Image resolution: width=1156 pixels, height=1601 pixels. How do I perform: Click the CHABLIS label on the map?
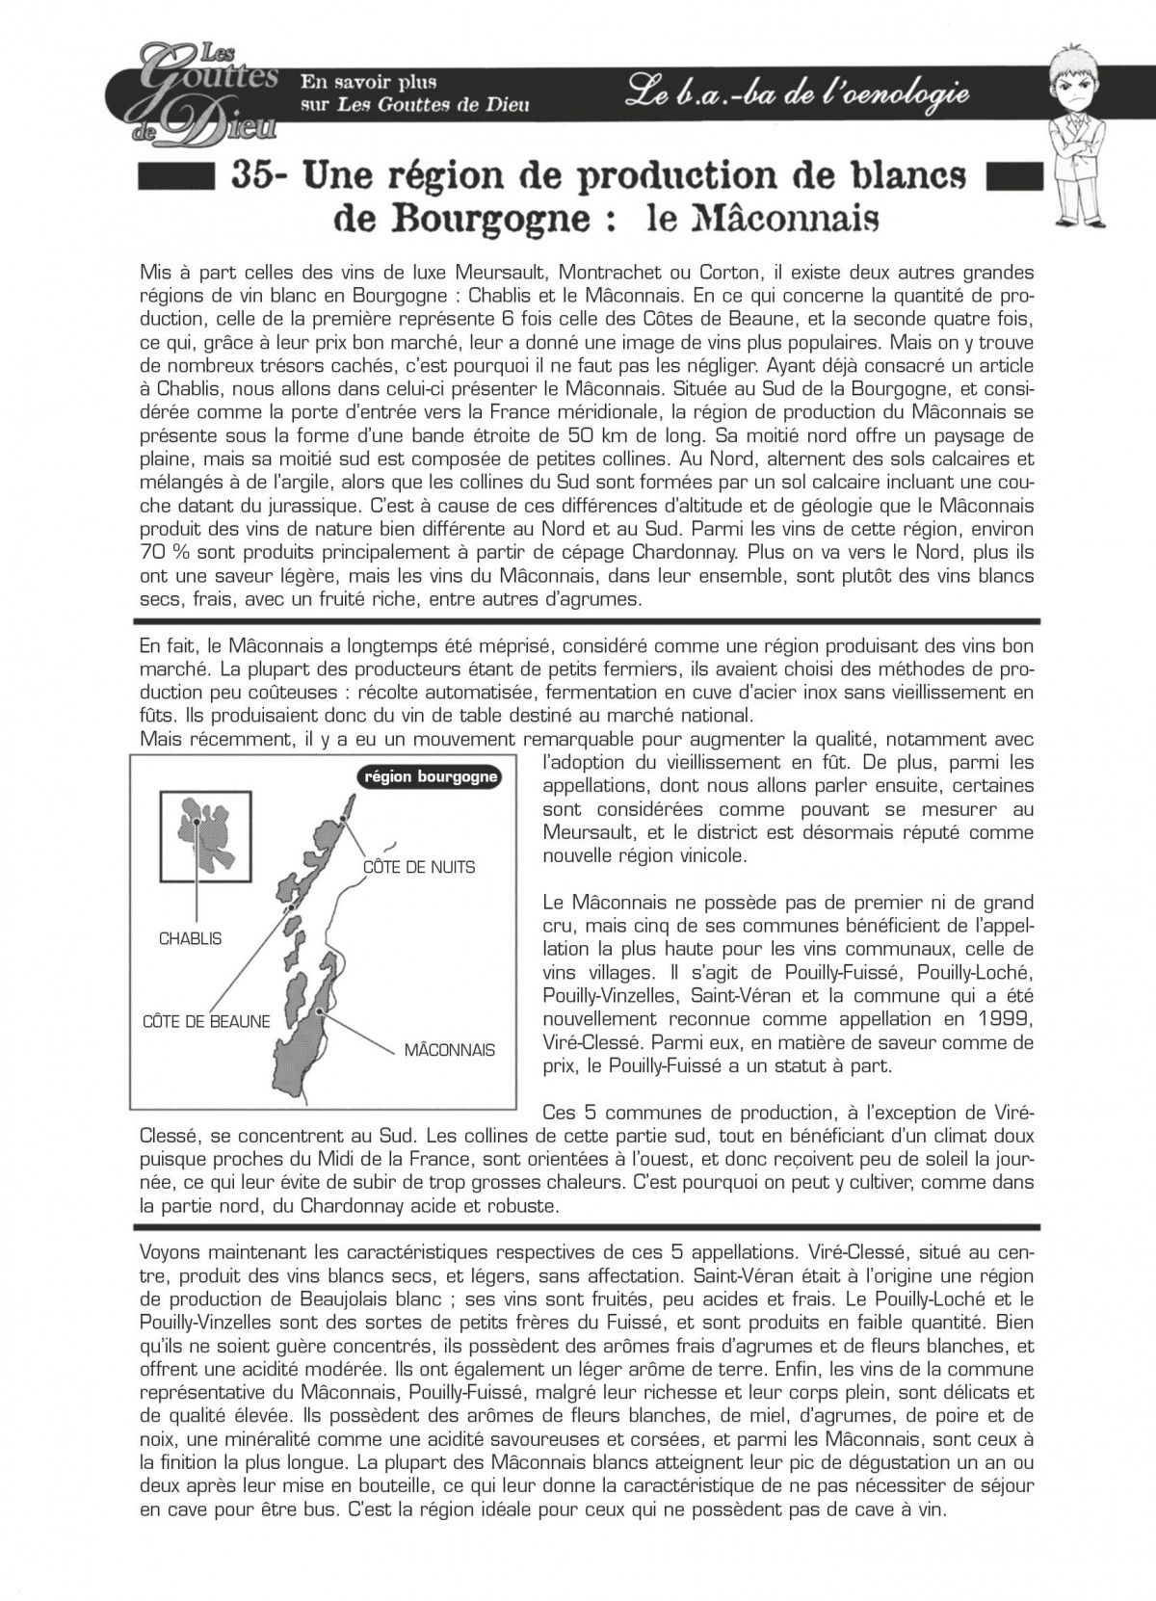point(190,938)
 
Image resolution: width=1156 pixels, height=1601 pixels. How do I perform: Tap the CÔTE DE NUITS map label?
point(418,867)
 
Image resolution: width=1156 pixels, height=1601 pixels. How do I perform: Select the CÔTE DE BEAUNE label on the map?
point(206,1021)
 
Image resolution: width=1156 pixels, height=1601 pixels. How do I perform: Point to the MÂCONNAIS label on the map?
point(449,1049)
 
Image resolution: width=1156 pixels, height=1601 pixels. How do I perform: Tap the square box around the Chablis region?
point(207,830)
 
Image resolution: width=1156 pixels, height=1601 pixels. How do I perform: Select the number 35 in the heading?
point(258,176)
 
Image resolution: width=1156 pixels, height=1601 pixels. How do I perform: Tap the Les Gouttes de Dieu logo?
point(206,91)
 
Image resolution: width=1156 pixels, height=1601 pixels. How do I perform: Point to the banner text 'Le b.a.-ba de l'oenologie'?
point(795,92)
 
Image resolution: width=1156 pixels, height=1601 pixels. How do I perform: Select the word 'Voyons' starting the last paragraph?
point(171,1252)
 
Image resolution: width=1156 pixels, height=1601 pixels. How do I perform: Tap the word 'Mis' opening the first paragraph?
point(153,273)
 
